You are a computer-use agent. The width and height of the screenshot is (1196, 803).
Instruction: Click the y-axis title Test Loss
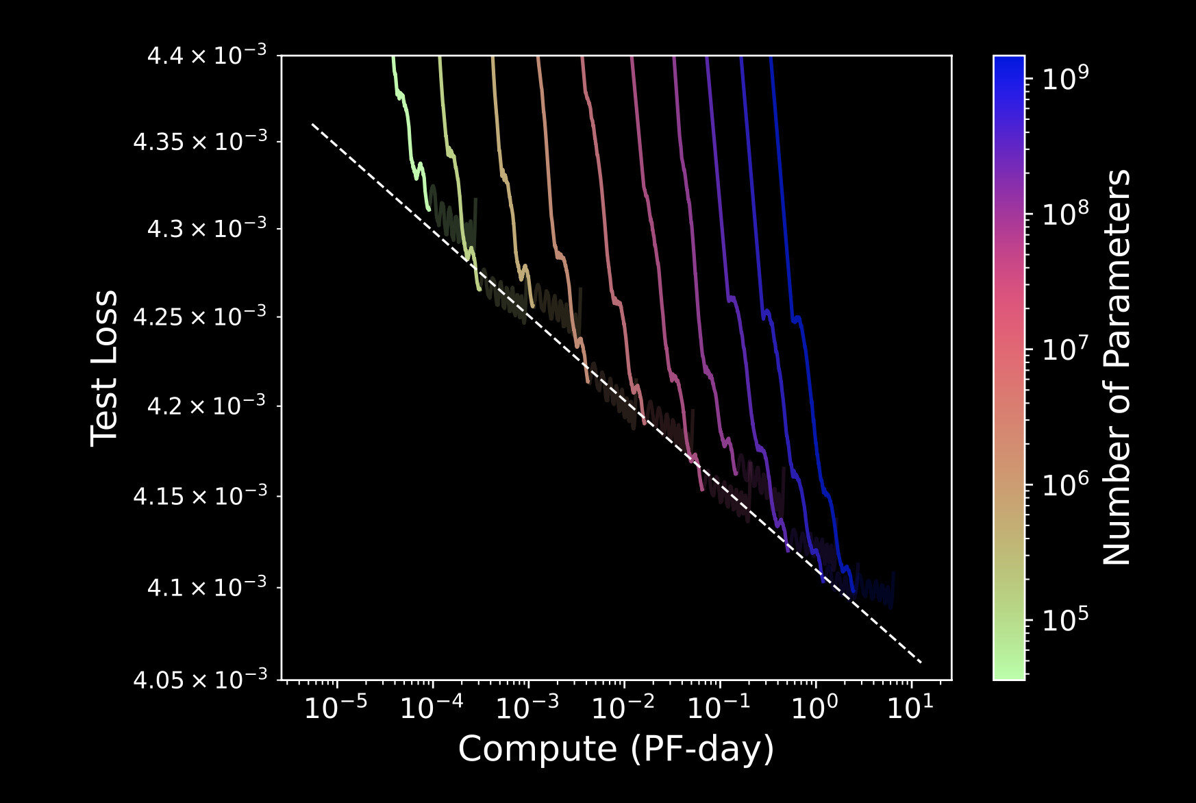point(104,368)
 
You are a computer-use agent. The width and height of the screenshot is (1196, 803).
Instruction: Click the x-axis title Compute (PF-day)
point(616,749)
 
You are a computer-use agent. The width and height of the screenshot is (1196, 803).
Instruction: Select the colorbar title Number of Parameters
point(1117,368)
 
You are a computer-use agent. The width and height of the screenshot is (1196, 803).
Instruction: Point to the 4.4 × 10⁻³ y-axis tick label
point(206,55)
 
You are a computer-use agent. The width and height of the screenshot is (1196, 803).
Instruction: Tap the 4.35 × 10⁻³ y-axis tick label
point(199,142)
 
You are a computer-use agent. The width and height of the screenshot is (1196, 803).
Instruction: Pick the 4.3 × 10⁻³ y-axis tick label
point(206,228)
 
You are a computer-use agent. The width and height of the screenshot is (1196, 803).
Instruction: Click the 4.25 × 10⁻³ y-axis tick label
point(199,317)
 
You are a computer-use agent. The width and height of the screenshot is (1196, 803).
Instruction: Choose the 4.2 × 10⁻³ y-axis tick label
point(206,406)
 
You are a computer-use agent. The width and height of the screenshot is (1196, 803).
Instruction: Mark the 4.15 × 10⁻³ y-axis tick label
point(199,496)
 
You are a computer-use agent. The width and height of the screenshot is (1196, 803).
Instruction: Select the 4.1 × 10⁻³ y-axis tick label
point(206,587)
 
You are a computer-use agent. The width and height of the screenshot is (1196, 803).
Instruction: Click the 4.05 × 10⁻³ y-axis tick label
point(199,680)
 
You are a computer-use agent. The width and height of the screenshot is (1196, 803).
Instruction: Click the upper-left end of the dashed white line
point(312,124)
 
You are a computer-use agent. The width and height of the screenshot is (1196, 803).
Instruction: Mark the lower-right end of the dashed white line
point(922,663)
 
